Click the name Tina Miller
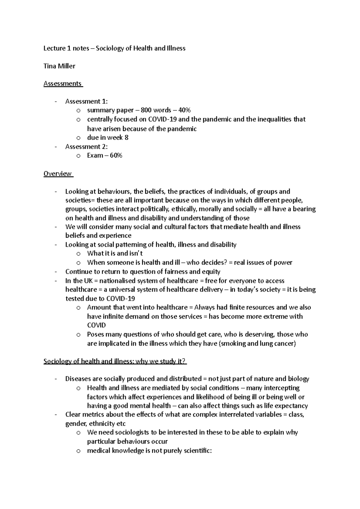tap(59, 66)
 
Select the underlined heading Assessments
tap(63, 84)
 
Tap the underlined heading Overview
tap(58, 174)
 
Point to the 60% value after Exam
tap(116, 155)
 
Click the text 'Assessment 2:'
tap(86, 147)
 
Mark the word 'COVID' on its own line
tap(96, 325)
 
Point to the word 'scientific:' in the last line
tap(196, 451)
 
